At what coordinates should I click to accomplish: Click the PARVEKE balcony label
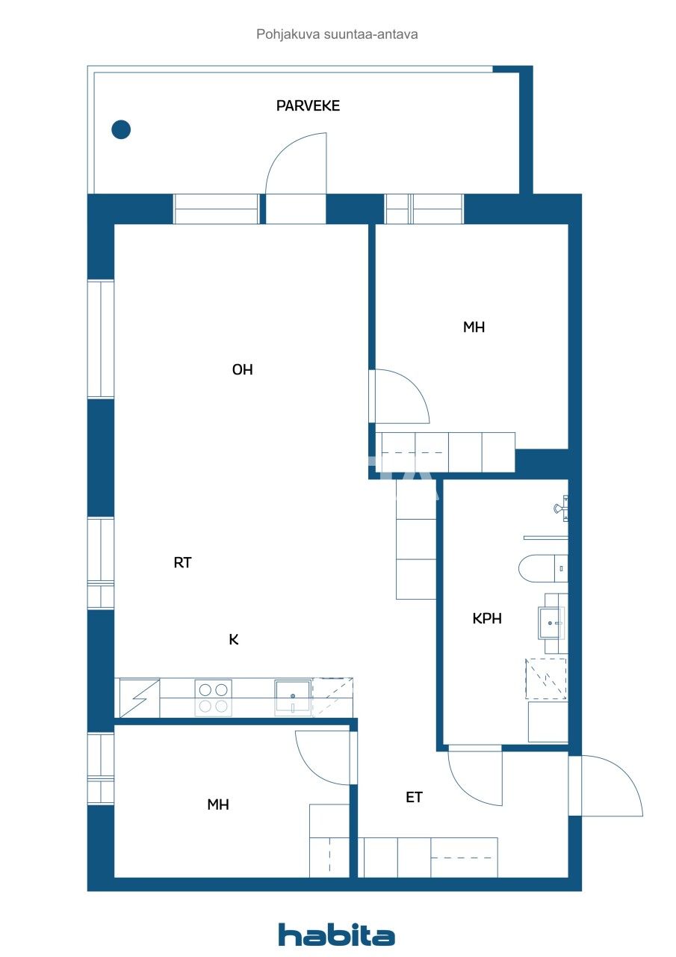coord(308,105)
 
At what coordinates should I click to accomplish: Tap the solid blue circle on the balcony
coord(121,129)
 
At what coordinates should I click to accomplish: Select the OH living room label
coord(242,369)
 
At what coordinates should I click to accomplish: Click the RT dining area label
coord(183,563)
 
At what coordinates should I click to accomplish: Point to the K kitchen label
coord(234,639)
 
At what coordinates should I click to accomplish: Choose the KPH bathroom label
coord(487,618)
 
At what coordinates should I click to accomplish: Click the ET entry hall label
coord(414,797)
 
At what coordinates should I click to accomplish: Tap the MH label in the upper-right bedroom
coord(474,327)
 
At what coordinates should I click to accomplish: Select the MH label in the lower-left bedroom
coord(217,804)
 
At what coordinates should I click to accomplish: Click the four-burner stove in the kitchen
coord(213,698)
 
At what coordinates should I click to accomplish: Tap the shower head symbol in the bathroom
coord(560,510)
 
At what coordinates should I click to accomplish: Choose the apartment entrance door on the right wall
coord(609,785)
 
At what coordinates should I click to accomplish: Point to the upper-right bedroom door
coord(400,396)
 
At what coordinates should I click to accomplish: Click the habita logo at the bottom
coord(337,935)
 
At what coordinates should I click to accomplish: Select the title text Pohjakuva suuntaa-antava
coord(337,34)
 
